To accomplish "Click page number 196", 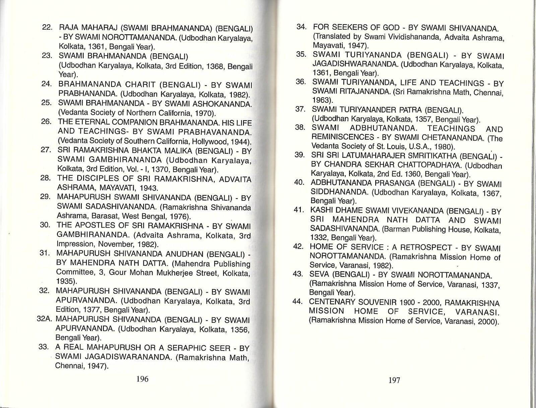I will pyautogui.click(x=142, y=379).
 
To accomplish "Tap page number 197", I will pyautogui.click(x=394, y=380).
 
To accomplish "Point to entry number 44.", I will pyautogui.click(x=298, y=301).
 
